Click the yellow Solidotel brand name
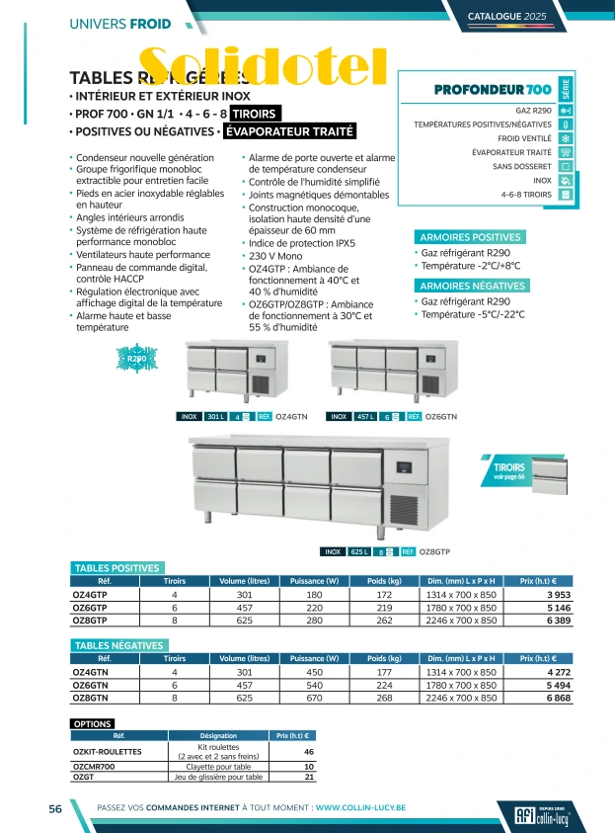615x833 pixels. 261,66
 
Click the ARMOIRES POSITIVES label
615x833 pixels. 470,237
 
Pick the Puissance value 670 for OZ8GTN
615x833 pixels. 314,698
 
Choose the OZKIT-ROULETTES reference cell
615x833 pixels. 107,752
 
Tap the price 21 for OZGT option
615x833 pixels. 309,777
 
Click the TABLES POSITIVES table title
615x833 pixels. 116,568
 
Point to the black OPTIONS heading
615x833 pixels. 93,724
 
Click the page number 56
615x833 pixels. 57,807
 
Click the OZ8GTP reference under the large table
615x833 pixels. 435,551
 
